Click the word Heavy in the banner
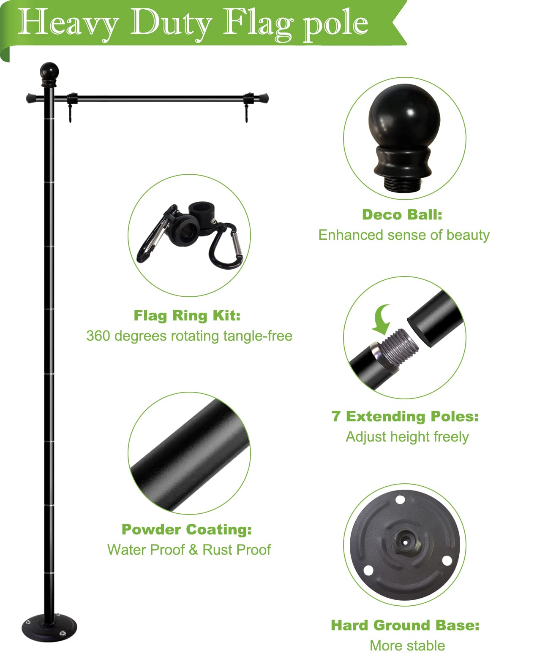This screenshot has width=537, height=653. click(68, 23)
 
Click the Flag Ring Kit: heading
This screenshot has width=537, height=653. click(187, 316)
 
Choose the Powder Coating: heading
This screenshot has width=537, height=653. click(187, 529)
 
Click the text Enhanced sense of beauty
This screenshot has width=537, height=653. click(404, 235)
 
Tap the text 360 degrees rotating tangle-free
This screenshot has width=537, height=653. click(189, 336)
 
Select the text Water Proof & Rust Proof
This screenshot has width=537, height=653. click(189, 550)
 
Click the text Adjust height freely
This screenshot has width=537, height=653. click(407, 436)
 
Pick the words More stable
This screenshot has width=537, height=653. click(407, 645)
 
